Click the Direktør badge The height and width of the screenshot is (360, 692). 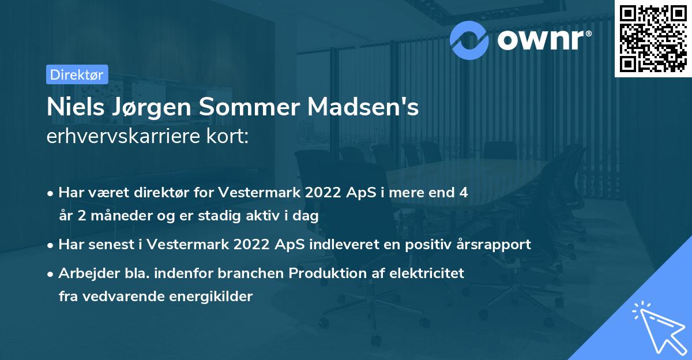pos(77,74)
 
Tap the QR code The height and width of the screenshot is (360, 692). pos(653,38)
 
